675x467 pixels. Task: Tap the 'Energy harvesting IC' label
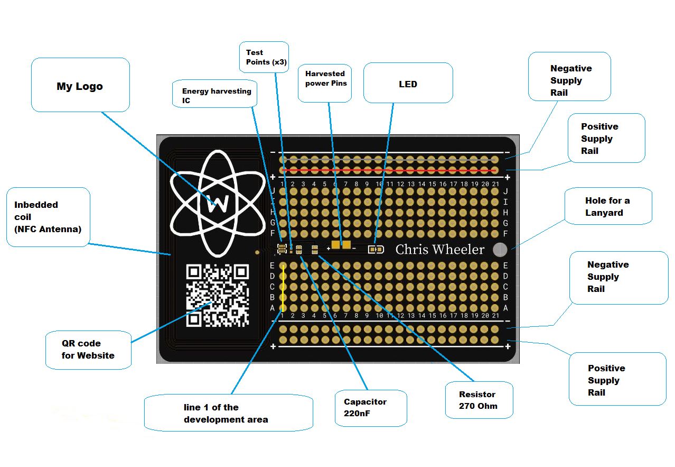217,96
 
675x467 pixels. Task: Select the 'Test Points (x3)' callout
266,57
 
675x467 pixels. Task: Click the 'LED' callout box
408,84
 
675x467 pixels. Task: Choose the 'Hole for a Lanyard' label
607,206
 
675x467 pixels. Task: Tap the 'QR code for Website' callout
88,349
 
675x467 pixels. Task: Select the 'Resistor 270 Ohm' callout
477,400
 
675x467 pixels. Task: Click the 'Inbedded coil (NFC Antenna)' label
48,216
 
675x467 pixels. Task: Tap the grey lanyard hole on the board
500,250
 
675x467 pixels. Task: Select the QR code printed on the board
217,295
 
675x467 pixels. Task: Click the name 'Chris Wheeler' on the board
439,250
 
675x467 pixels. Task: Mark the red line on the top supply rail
389,170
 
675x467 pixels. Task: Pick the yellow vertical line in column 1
283,287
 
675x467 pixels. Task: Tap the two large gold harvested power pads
341,245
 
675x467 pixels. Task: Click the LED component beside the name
376,250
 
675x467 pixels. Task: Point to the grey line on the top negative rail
389,159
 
